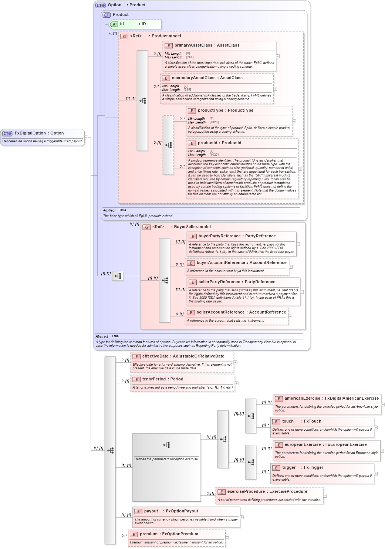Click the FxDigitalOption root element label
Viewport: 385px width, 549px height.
point(30,133)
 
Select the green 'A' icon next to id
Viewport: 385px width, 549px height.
point(114,24)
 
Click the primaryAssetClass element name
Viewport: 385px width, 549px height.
point(193,45)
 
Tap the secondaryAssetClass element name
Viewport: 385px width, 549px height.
point(193,78)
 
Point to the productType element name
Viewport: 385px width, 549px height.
point(210,111)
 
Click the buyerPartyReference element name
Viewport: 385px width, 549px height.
point(219,236)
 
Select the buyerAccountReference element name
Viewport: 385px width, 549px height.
point(220,263)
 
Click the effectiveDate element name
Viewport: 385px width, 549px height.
point(155,356)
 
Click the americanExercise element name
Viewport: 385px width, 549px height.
point(302,399)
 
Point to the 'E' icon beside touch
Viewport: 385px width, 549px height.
point(276,422)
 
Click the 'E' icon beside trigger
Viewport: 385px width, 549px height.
point(276,468)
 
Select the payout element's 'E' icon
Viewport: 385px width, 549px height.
point(138,512)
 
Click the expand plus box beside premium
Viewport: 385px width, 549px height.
point(227,538)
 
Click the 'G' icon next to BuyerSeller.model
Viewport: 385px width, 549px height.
point(147,227)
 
